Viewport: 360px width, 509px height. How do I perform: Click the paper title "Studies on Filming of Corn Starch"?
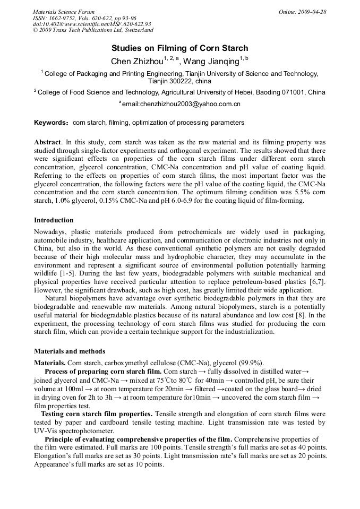pos(179,48)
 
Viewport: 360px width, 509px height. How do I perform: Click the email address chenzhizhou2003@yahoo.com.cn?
pos(182,104)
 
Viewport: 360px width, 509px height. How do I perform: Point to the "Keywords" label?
pos(49,123)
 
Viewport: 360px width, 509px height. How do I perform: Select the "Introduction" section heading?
pos(54,220)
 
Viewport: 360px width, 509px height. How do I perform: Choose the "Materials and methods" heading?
pos(70,351)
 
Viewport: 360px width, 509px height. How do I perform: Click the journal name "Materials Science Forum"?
pos(64,12)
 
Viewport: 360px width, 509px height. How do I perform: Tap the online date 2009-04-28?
pos(312,12)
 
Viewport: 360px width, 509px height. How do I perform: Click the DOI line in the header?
pos(92,24)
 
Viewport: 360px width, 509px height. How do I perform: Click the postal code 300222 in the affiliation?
pos(182,81)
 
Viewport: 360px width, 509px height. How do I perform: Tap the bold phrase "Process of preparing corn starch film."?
pos(103,371)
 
